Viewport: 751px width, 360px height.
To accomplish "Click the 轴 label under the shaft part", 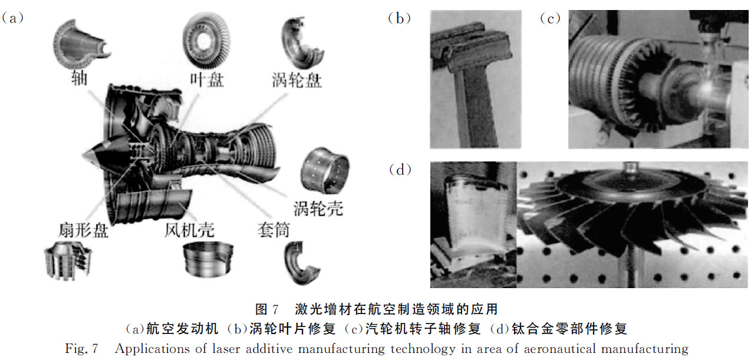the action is [x=79, y=78].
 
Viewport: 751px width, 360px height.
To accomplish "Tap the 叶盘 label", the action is [x=207, y=80].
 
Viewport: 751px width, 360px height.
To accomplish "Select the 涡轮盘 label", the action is [x=297, y=80].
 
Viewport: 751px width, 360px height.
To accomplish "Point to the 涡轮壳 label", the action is [x=318, y=209].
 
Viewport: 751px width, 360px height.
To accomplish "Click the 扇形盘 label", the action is [x=83, y=230].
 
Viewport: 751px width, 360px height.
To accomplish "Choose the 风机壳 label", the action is [x=189, y=230].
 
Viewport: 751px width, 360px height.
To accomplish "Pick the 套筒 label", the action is [x=274, y=230].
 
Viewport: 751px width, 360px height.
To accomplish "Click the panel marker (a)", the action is [x=13, y=18].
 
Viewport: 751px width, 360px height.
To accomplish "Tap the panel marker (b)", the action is [x=399, y=18].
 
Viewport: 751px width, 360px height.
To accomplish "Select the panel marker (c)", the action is [x=550, y=18].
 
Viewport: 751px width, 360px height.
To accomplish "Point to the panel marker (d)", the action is [x=400, y=170].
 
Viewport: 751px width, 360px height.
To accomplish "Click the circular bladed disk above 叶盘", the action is [x=206, y=40].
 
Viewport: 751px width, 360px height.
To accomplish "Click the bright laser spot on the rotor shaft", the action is [x=707, y=88].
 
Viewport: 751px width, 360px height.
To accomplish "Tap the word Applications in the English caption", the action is [x=151, y=349].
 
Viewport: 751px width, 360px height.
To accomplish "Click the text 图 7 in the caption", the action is [x=267, y=309].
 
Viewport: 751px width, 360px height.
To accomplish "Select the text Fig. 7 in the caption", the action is [x=81, y=349].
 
